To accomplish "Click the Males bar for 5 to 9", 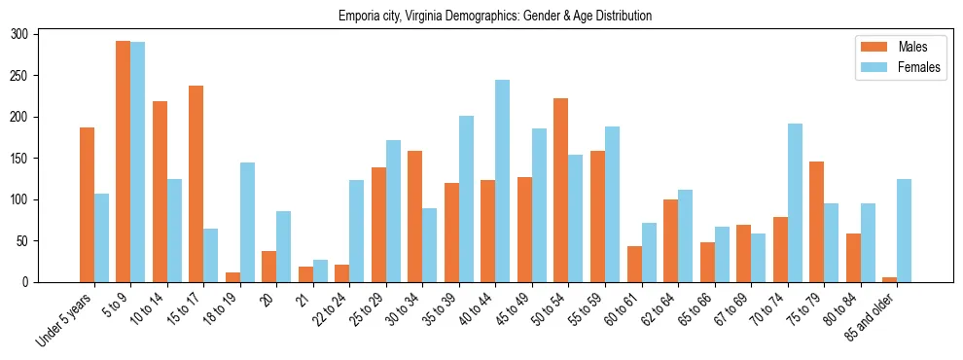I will pos(124,162).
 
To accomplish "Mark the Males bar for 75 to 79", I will pos(817,222).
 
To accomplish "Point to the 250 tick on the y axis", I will pos(39,76).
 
